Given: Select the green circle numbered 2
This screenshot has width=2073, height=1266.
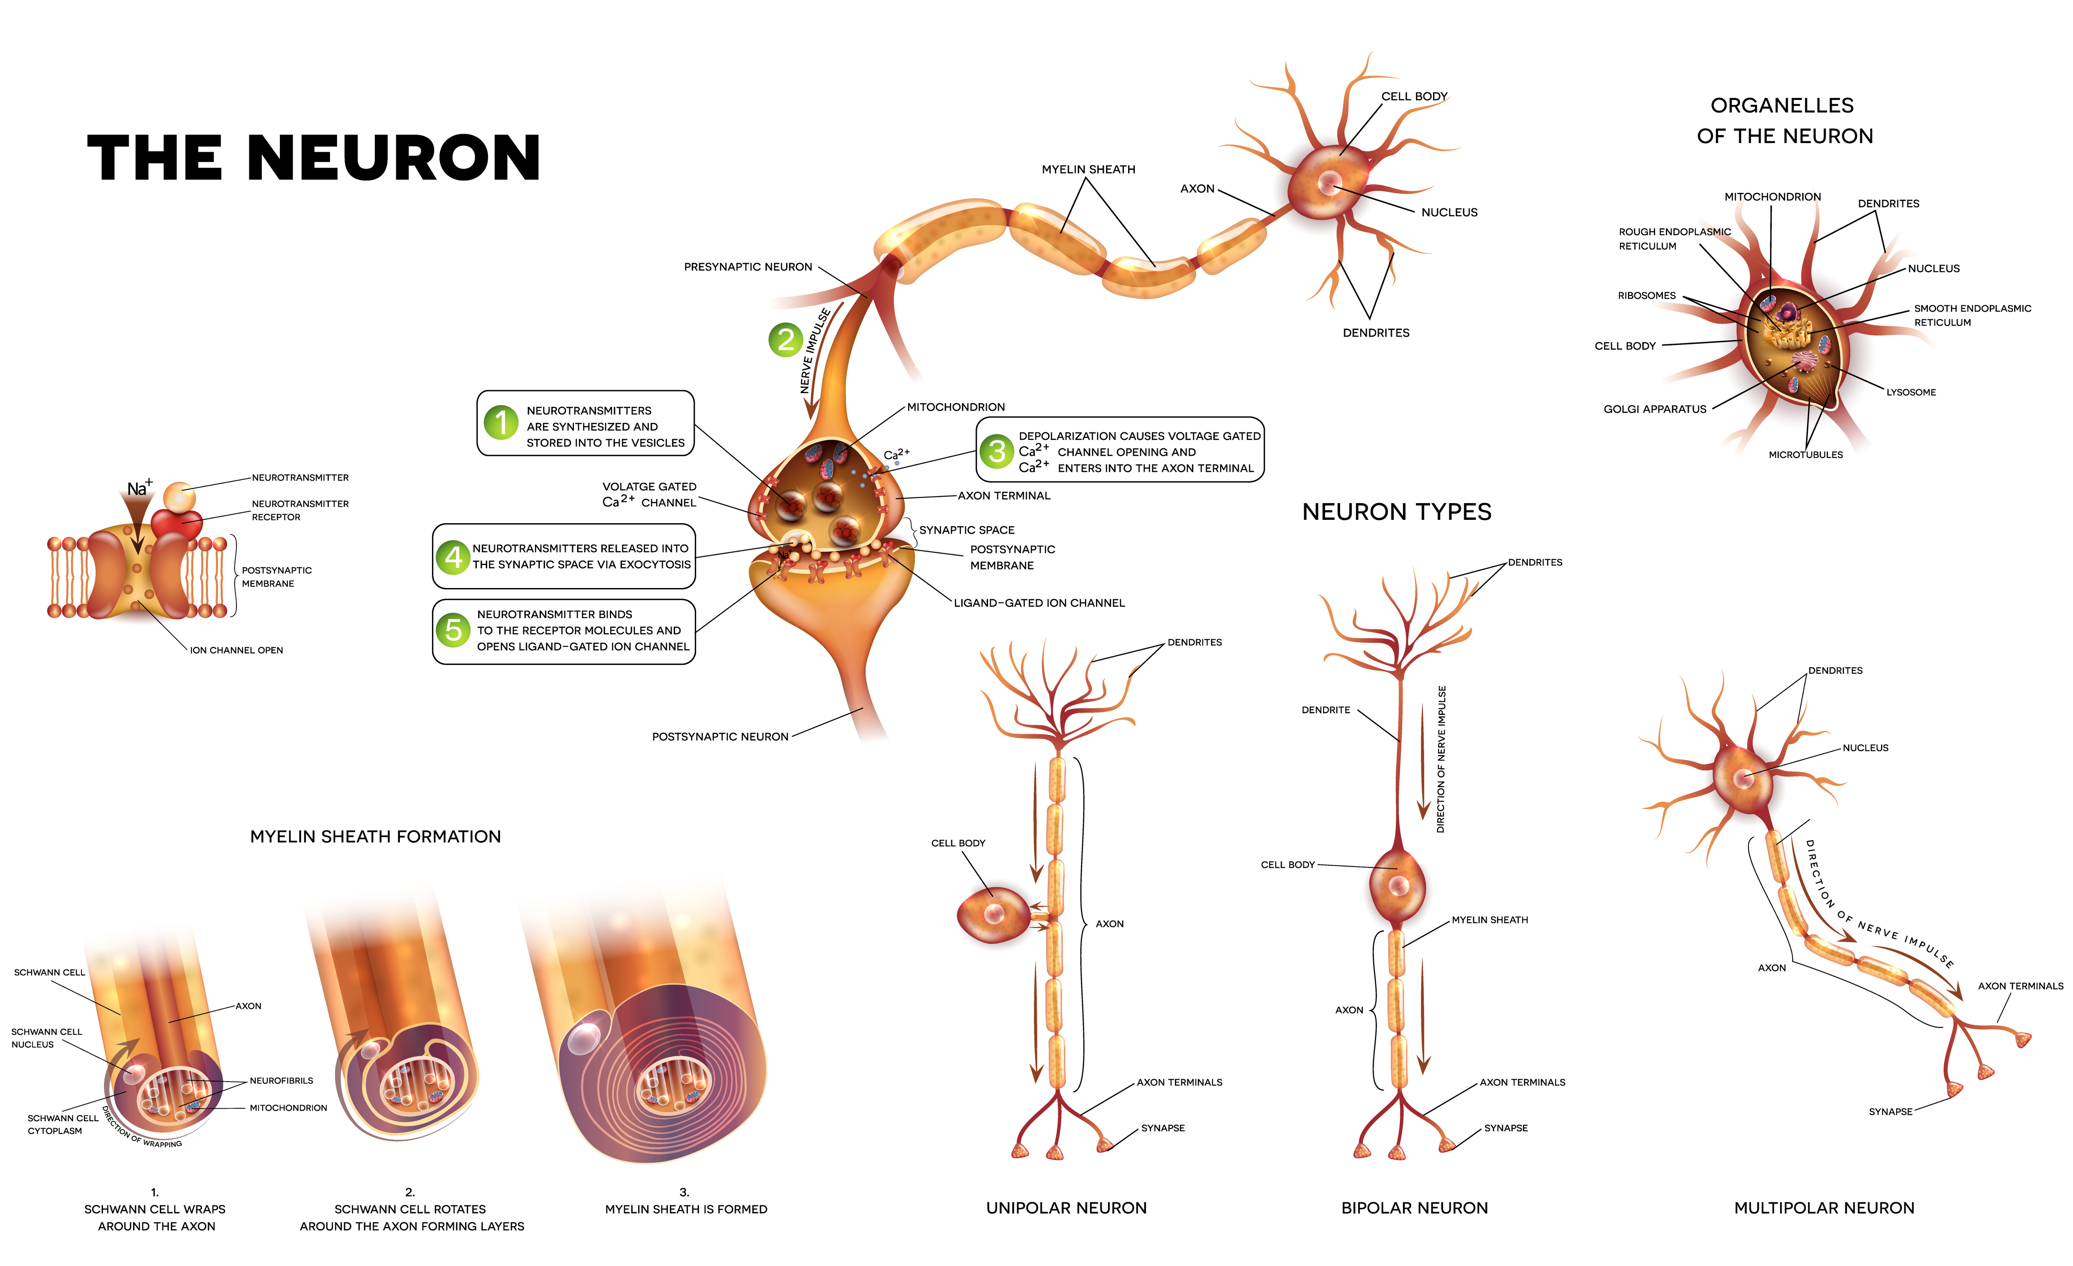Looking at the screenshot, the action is [x=786, y=340].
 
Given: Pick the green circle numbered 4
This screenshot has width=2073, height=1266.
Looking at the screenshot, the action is [x=453, y=557].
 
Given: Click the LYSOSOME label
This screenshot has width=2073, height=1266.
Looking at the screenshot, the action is [x=1911, y=392].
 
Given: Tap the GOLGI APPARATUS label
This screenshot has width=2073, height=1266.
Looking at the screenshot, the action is [x=1655, y=409].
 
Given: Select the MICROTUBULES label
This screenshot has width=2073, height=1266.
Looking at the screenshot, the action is [x=1805, y=454].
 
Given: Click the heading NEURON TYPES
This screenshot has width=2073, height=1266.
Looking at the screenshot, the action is [x=1397, y=512].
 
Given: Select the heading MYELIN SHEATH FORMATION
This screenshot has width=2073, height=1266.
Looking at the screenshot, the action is [x=375, y=836].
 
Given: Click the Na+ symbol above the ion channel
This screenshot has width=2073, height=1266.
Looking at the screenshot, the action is [x=140, y=488].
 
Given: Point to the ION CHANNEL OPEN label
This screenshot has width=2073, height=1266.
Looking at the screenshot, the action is [x=236, y=650].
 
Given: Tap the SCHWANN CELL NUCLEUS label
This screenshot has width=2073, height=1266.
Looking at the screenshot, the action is [x=46, y=1038].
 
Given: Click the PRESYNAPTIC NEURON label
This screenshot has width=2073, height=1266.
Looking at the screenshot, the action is [x=748, y=267].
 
